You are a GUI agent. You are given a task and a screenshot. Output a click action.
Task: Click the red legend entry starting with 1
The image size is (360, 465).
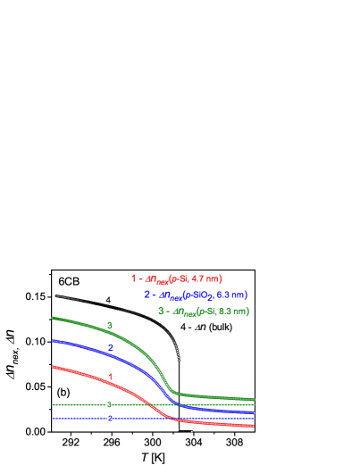click(x=176, y=278)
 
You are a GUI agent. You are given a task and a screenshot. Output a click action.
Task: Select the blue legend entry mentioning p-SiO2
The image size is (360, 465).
click(x=195, y=295)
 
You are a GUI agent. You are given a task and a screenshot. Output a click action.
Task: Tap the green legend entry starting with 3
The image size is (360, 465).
click(x=203, y=311)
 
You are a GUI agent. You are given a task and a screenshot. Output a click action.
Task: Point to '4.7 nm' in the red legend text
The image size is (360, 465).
click(x=206, y=278)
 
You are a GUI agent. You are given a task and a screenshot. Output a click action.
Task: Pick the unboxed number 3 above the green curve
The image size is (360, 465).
click(x=110, y=326)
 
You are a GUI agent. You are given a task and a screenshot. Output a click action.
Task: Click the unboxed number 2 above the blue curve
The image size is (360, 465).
click(x=111, y=348)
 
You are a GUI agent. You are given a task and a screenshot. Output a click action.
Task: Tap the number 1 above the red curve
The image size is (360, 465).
click(x=111, y=377)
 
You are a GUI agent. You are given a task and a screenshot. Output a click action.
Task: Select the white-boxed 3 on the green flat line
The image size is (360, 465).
click(x=110, y=405)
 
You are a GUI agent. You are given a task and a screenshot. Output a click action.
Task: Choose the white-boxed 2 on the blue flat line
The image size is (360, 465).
click(x=110, y=418)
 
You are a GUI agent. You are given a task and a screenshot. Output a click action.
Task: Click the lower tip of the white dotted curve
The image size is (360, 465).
click(x=180, y=360)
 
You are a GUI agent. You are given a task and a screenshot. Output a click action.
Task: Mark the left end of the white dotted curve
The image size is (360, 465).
click(x=55, y=295)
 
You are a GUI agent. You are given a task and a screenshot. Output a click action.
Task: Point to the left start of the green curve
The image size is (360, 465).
click(x=53, y=317)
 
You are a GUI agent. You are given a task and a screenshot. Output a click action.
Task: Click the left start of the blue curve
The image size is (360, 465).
click(x=53, y=340)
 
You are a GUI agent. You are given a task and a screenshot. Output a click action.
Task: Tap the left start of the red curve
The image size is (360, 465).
click(x=53, y=366)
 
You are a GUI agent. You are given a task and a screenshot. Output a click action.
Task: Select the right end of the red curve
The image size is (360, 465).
click(x=255, y=427)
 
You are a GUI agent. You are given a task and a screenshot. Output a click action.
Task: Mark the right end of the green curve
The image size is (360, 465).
click(x=255, y=400)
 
